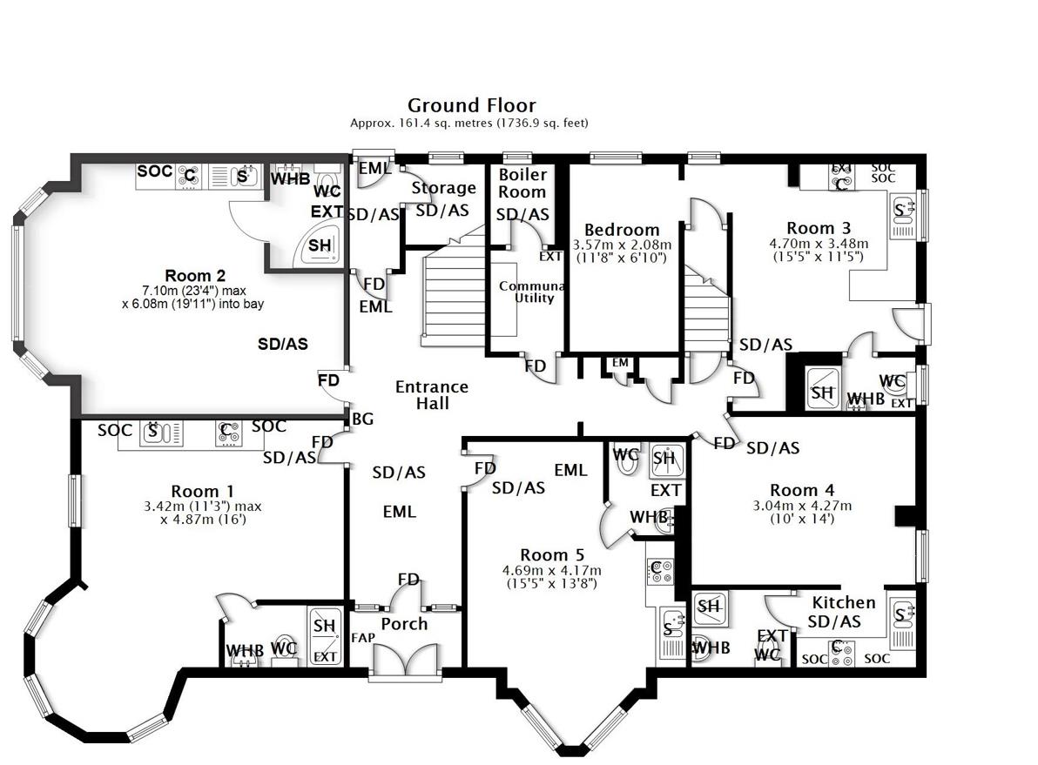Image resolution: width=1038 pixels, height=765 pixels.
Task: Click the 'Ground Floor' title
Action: click(471, 106)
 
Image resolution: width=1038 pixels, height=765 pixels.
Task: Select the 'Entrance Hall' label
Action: click(432, 395)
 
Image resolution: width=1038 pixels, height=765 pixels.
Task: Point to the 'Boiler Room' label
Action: click(522, 184)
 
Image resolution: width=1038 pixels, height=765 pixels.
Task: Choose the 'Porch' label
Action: click(405, 624)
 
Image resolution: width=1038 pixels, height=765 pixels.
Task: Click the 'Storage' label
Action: click(443, 188)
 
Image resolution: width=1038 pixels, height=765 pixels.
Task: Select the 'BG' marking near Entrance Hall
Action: click(363, 419)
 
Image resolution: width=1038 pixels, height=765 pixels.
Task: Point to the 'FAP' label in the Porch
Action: click(361, 638)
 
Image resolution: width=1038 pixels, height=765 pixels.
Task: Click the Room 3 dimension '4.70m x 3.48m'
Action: click(819, 244)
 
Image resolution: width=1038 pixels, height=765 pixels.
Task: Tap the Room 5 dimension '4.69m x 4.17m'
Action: click(551, 571)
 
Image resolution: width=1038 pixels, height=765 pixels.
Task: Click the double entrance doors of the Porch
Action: click(406, 659)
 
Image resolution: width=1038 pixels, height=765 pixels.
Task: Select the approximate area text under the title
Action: click(468, 124)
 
